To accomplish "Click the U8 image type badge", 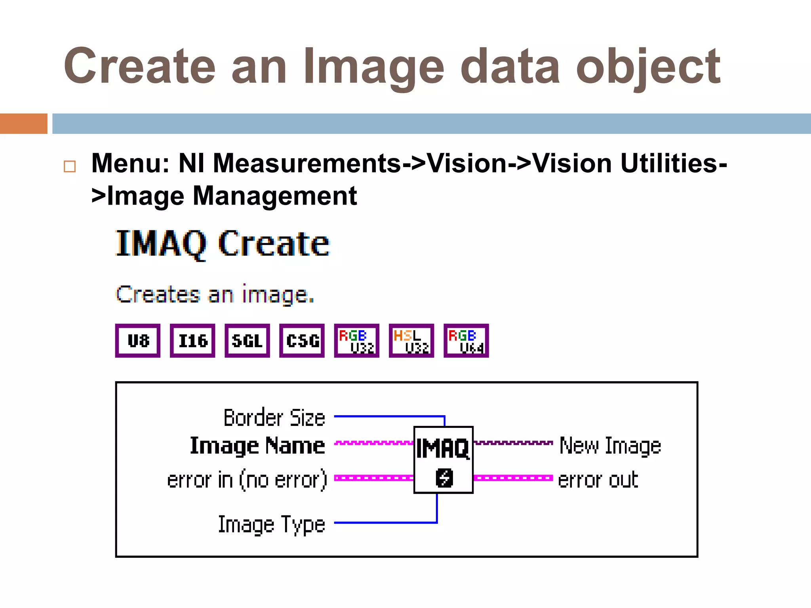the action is [138, 341].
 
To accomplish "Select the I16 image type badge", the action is [192, 341].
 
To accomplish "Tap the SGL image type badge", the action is [247, 341].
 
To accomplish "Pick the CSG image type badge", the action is [302, 341].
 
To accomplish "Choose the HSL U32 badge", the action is [411, 341].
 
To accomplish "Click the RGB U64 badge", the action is [466, 341].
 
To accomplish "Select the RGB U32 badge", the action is [356, 341].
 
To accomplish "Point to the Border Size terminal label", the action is [274, 418].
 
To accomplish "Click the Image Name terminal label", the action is [257, 446].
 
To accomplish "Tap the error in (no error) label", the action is [247, 480].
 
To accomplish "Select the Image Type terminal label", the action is [272, 525].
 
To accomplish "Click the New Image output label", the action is [610, 446].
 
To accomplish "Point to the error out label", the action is [598, 480].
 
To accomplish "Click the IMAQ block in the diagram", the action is [444, 460].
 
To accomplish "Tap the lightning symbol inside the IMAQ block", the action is [444, 478].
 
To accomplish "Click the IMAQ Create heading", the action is [222, 244].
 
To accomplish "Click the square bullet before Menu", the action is [70, 166].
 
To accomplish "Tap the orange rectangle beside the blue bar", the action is [23, 123].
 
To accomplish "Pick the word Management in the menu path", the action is [275, 196].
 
